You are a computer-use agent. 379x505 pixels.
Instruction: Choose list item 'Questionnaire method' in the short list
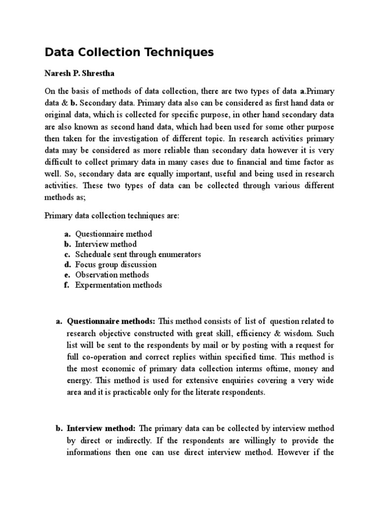point(113,234)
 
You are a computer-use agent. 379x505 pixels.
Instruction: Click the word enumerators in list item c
point(179,254)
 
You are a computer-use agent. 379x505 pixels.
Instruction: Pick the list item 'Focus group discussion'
point(115,265)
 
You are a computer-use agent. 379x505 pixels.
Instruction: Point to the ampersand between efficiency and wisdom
point(296,332)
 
